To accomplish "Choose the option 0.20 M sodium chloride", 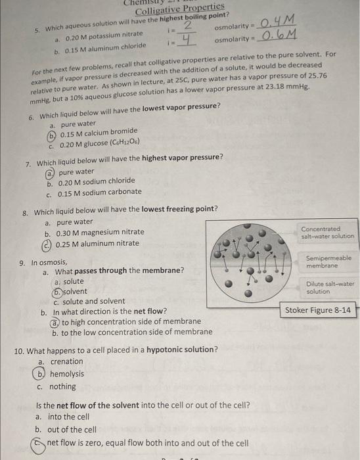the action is tap(97, 181).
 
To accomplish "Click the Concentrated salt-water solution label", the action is tap(327, 233).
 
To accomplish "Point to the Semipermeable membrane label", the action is tap(328, 262).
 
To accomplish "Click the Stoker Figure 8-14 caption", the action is tap(319, 310).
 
